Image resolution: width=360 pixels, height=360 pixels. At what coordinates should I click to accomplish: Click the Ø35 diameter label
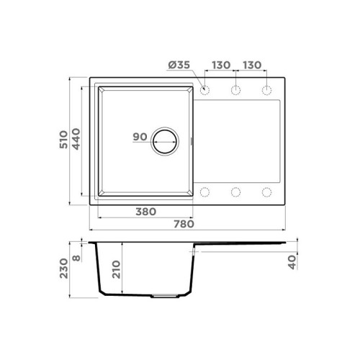pos(179,65)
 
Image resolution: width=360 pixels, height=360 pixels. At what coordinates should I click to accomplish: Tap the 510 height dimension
pos(63,140)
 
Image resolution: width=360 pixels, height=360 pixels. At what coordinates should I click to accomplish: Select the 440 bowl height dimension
pos(76,139)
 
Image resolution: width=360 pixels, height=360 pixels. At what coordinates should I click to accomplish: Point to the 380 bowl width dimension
pos(146,212)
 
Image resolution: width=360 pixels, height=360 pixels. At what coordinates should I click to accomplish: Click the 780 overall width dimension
pos(184,224)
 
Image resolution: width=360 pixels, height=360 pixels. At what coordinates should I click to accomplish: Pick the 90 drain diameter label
pos(140,137)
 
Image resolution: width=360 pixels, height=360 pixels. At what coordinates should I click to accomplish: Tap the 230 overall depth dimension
pos(63,269)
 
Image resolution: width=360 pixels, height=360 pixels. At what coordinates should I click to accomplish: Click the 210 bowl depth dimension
pos(116,269)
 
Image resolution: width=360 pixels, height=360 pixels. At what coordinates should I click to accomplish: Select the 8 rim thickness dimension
pos(76,258)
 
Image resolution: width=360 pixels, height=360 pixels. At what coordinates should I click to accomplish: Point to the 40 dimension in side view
pos(292,262)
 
